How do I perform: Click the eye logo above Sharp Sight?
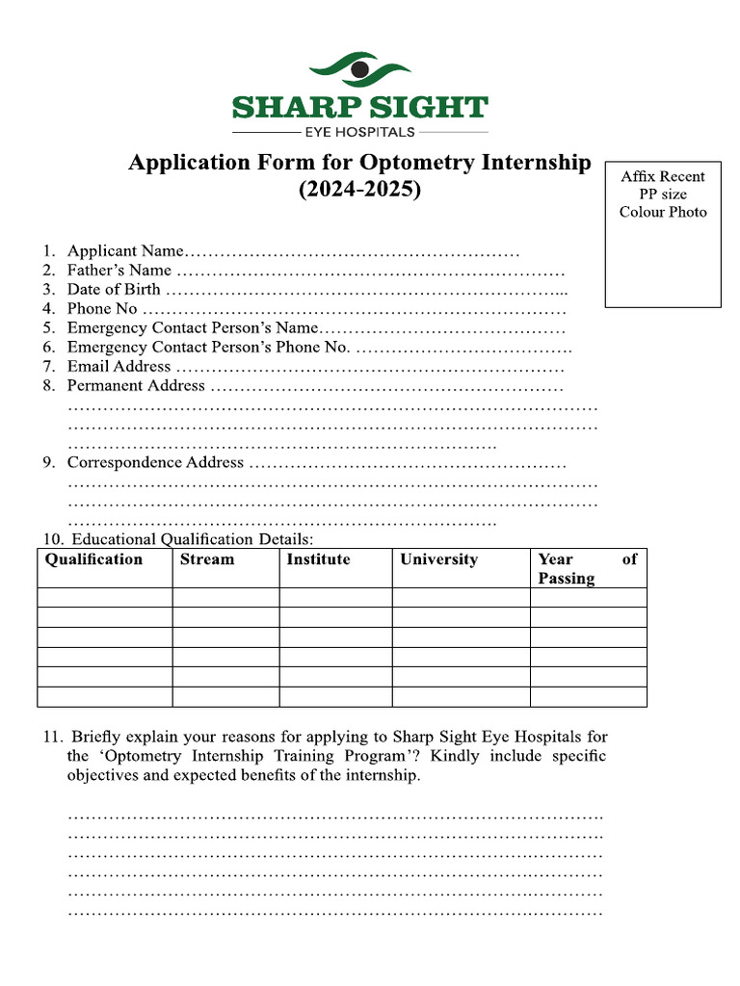click(360, 70)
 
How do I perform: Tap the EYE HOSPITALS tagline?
click(359, 132)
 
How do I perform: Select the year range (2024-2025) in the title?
click(359, 190)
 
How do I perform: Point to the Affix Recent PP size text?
click(662, 185)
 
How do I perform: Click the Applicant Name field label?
click(124, 251)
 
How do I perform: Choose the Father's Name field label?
click(119, 271)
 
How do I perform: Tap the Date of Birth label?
click(114, 290)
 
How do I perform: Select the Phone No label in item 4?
click(102, 309)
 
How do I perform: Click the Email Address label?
click(119, 367)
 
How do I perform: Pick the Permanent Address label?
click(136, 386)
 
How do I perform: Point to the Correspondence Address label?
click(155, 462)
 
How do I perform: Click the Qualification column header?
click(93, 559)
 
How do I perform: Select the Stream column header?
click(206, 559)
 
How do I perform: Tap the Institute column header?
click(318, 559)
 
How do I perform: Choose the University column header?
click(438, 559)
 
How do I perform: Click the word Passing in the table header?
click(567, 579)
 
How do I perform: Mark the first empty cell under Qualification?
click(104, 598)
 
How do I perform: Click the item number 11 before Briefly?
click(52, 738)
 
